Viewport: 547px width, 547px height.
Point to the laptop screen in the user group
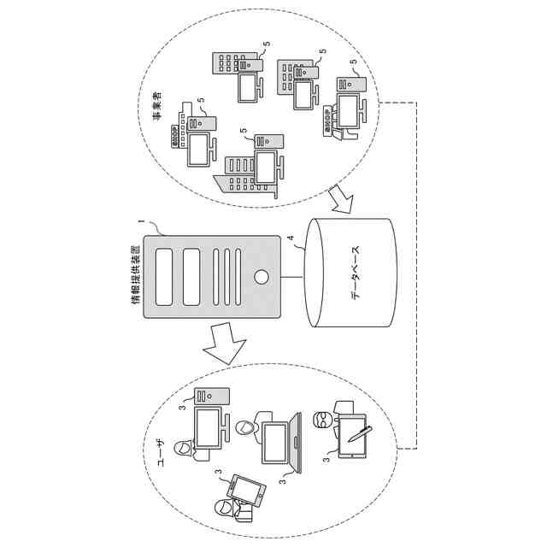pos(274,444)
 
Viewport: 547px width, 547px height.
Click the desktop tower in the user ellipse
pos(211,395)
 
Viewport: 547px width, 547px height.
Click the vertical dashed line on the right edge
pos(416,273)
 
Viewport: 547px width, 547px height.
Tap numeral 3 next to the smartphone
pos(220,471)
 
